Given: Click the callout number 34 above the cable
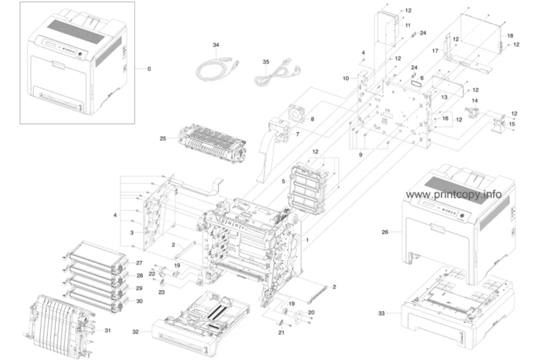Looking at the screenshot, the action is coord(216,45).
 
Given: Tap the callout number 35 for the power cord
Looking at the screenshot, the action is coord(266,62).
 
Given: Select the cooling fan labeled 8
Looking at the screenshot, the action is coord(298,112).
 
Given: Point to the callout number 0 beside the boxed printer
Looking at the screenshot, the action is coord(149,69).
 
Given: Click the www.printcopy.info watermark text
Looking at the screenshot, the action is coord(454,194).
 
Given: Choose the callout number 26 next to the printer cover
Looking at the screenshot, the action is coord(385,232).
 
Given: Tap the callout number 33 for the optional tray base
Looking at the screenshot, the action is coord(381,313).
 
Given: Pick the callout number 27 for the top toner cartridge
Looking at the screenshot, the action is coord(139,263).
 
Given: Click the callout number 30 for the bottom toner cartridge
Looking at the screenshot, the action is coord(139,301).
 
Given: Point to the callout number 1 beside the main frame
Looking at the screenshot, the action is coord(307,240).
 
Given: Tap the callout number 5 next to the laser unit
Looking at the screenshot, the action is coord(283,181).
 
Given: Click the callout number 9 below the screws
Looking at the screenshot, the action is coord(360,155).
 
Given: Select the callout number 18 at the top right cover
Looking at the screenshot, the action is coord(510,35).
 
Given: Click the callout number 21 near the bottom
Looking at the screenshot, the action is coord(281,333).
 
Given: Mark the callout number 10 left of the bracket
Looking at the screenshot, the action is coord(346,78).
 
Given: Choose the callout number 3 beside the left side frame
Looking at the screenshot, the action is coord(132,233).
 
